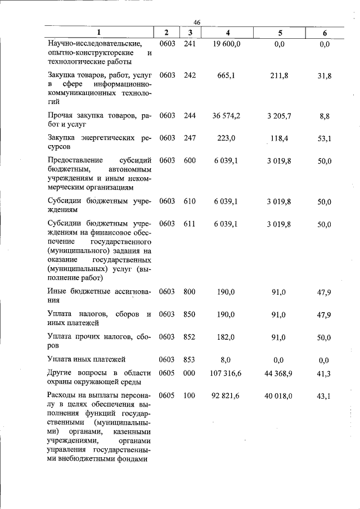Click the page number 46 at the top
point(190,22)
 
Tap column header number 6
point(325,33)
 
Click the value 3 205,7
point(279,116)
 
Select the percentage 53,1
point(324,139)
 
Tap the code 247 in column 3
point(190,138)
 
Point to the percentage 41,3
point(324,374)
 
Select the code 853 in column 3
point(190,358)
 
